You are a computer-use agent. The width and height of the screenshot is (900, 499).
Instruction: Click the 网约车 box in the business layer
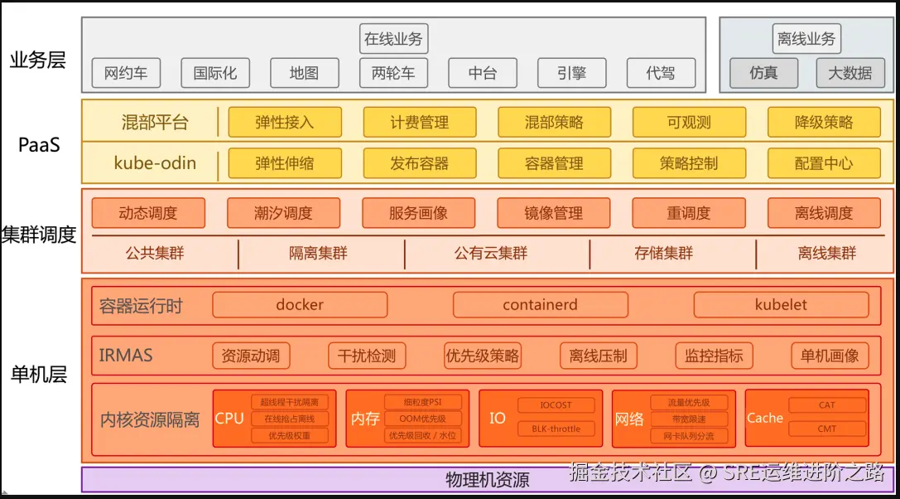[x=126, y=73]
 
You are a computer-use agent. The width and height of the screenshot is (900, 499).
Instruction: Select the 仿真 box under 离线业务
[x=763, y=73]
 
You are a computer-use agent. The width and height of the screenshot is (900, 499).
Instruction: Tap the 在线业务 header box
[x=393, y=38]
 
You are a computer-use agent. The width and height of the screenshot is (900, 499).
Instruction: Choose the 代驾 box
[x=660, y=73]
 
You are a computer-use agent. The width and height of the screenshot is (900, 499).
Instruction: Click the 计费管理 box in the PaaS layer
[x=419, y=122]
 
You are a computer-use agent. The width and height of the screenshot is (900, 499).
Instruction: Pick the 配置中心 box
[x=823, y=163]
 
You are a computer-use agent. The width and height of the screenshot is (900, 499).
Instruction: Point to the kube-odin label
[x=155, y=163]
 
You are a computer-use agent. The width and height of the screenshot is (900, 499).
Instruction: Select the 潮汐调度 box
[x=283, y=213]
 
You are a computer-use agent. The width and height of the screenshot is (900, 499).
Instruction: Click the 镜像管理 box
[x=553, y=213]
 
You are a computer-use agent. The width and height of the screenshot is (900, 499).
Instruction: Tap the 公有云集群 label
[x=490, y=254]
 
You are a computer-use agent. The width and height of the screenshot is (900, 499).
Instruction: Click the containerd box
[x=540, y=305]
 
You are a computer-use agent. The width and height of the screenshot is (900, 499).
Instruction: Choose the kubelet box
[x=781, y=305]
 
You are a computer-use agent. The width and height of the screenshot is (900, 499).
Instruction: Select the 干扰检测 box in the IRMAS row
[x=367, y=356]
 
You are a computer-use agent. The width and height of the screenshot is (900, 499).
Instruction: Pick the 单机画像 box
[x=830, y=356]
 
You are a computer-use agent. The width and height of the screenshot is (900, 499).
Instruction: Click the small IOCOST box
[x=556, y=405]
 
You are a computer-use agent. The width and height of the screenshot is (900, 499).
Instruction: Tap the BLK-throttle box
[x=556, y=429]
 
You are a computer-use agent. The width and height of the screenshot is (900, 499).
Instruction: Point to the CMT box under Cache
[x=826, y=429]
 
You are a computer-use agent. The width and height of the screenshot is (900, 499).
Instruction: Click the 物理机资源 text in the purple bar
[x=487, y=480]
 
